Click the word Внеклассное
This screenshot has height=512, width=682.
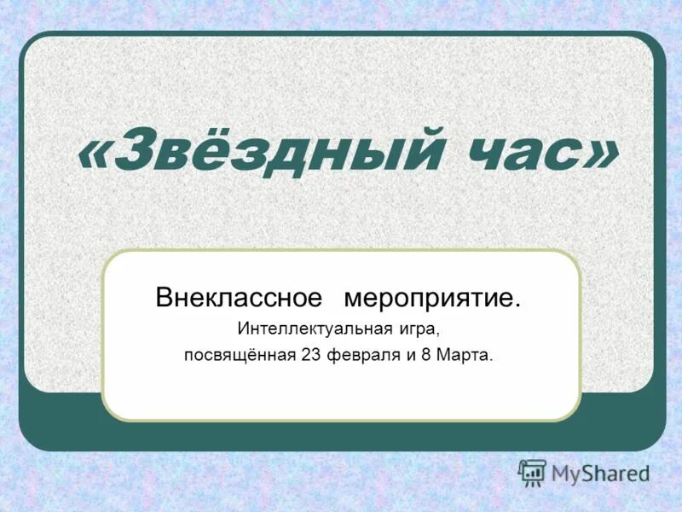click(x=239, y=299)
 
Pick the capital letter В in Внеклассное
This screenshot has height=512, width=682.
click(x=163, y=299)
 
